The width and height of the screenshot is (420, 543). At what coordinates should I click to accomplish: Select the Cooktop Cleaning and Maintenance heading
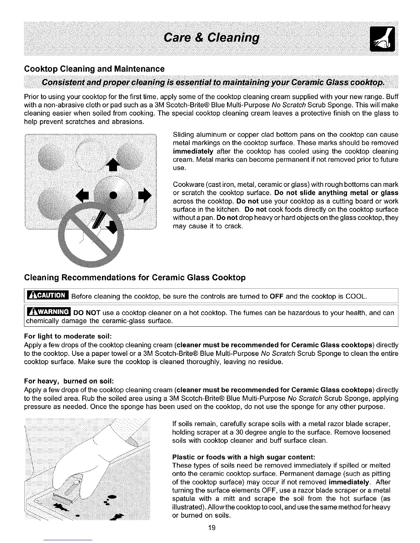(95, 69)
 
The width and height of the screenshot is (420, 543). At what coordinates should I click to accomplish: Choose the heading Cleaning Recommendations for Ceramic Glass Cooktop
(135, 278)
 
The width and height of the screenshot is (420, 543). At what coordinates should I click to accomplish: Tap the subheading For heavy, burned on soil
(69, 381)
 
